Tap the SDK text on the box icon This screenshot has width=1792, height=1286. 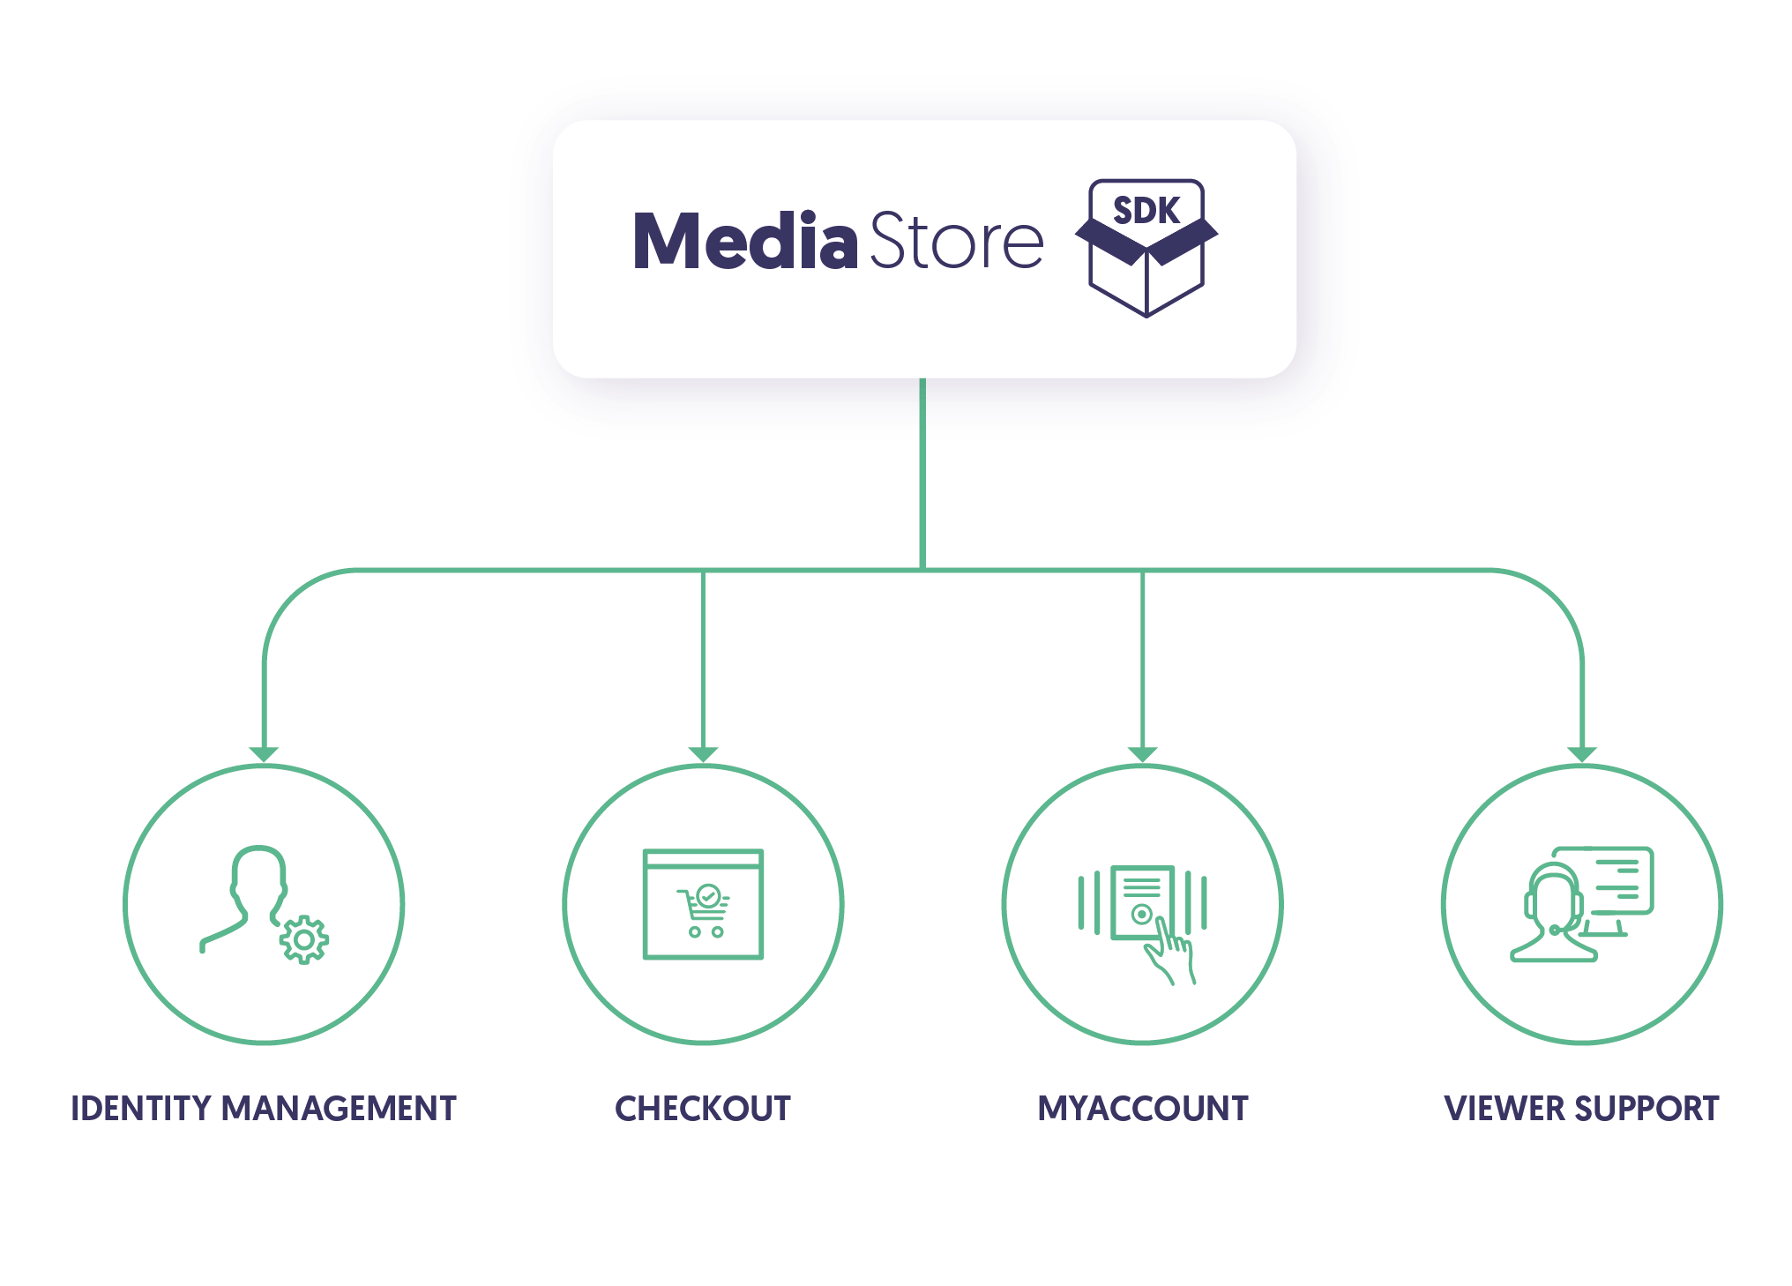pos(1146,211)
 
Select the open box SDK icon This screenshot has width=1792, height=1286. pos(1146,265)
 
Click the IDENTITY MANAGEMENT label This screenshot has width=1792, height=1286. pos(264,1109)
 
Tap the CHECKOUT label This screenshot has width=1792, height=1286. pos(703,1109)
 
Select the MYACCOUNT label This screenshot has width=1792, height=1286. pos(1143,1109)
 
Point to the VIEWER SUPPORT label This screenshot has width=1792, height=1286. pos(1581,1109)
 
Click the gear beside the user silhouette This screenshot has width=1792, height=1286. pos(304,940)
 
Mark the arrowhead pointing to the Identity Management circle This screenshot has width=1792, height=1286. pos(264,754)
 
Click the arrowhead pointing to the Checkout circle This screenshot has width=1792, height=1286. pos(703,754)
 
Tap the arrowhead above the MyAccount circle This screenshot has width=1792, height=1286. pos(1143,754)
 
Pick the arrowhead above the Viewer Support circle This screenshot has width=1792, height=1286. pos(1582,754)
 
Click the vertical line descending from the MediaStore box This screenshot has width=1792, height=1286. pos(922,476)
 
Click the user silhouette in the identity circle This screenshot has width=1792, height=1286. pos(251,895)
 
